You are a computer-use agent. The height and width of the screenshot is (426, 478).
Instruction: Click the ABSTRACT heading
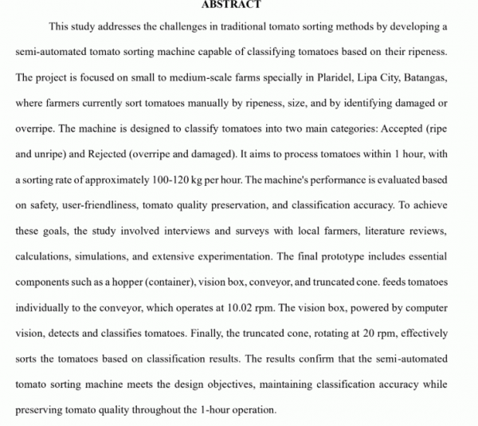[x=231, y=5]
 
